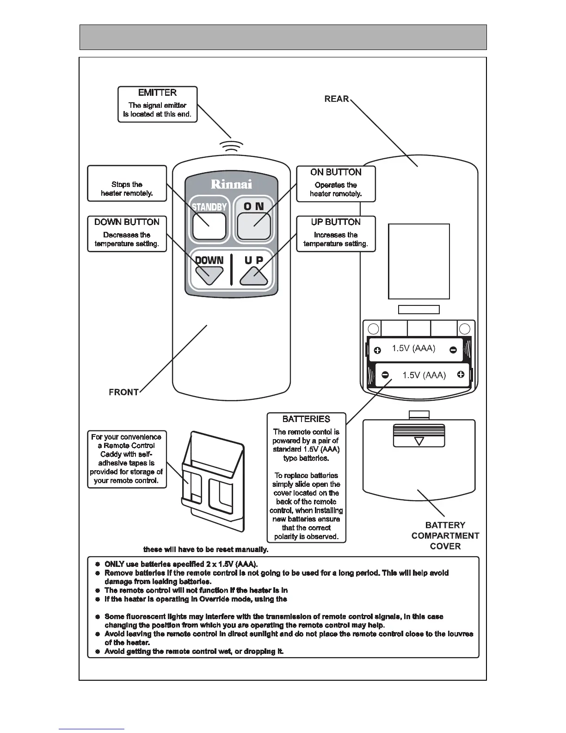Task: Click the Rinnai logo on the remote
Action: tap(231, 184)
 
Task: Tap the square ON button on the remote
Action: tap(254, 226)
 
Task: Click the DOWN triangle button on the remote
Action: tap(209, 276)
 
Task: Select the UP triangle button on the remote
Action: tap(254, 277)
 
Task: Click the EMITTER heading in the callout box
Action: tap(157, 93)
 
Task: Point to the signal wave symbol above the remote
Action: tap(232, 145)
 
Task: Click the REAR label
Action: tap(337, 99)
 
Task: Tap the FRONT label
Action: tap(123, 392)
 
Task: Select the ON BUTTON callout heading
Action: tap(336, 172)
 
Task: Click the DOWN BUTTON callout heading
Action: tap(127, 222)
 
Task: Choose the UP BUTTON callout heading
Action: tap(336, 222)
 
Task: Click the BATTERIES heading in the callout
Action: tap(306, 419)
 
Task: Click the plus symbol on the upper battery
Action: tap(377, 350)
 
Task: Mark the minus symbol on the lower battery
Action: tap(385, 375)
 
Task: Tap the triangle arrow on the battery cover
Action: tap(419, 441)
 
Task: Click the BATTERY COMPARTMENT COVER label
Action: tap(445, 535)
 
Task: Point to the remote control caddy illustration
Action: tap(213, 481)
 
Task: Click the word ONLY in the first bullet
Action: tap(114, 564)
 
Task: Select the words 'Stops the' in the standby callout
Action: tap(127, 184)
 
